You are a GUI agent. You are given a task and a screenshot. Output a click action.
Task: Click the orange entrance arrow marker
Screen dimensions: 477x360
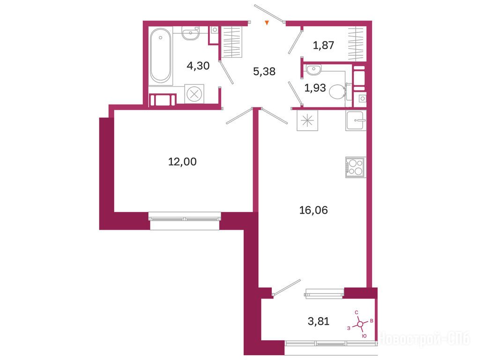tap(267, 22)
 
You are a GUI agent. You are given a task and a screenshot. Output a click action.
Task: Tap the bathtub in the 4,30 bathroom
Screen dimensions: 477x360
tap(160, 55)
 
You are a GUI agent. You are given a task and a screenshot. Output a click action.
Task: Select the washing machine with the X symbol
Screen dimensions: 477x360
tap(194, 94)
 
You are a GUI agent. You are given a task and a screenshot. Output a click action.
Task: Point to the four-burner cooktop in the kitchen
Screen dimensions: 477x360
tap(356, 167)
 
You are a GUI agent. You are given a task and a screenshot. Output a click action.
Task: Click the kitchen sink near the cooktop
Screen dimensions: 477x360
tap(356, 120)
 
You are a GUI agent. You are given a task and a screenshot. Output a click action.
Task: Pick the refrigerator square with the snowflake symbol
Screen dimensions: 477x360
tap(307, 120)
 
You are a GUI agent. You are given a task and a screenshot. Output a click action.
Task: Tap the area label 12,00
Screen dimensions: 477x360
tap(182, 162)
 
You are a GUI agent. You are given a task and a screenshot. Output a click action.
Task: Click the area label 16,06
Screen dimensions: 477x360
tap(313, 210)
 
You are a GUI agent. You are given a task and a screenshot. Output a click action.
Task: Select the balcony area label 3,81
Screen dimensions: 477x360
tap(319, 321)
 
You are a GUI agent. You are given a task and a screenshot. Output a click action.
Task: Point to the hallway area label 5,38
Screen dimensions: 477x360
tap(264, 72)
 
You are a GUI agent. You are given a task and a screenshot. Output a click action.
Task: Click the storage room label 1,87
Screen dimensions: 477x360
tap(323, 45)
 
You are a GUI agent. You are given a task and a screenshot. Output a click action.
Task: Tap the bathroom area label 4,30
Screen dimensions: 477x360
tap(198, 66)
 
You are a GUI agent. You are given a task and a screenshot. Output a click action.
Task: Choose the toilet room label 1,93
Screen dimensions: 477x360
tap(315, 88)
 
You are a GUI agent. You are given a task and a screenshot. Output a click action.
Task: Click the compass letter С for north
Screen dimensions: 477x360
tap(357, 313)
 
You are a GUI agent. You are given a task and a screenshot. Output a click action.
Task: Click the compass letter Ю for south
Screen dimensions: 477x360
tap(364, 336)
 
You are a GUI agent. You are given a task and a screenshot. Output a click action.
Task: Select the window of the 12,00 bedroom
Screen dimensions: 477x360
tap(184, 219)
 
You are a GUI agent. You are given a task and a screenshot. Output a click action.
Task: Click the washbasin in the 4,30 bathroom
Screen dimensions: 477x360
tap(191, 33)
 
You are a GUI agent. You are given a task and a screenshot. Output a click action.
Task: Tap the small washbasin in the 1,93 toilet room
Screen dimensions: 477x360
tap(313, 70)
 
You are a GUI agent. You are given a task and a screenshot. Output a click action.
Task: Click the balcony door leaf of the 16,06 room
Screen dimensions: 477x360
tap(287, 287)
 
